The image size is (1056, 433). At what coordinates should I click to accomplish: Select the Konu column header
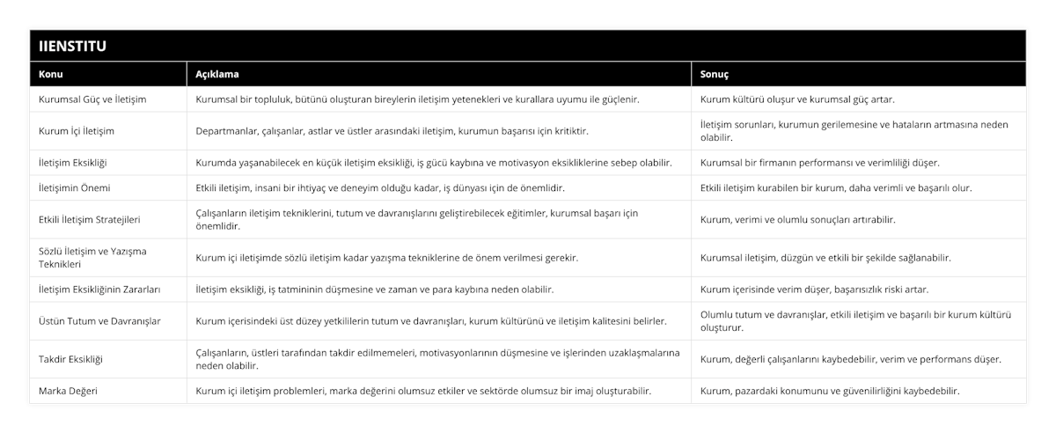(x=51, y=75)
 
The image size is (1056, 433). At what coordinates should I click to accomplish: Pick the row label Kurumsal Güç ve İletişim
(x=92, y=99)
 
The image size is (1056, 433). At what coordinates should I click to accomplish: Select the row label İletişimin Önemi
(x=75, y=187)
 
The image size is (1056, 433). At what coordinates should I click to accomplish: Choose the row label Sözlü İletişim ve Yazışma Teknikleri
(x=92, y=257)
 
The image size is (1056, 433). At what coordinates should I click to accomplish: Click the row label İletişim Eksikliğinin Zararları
(x=99, y=289)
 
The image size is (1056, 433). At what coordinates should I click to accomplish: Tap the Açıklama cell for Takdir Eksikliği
(x=437, y=359)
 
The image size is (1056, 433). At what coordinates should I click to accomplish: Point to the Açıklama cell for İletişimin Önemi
(x=380, y=187)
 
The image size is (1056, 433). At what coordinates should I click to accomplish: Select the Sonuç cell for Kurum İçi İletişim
(x=854, y=131)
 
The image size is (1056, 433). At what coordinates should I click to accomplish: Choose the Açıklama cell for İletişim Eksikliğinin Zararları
(x=375, y=289)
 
